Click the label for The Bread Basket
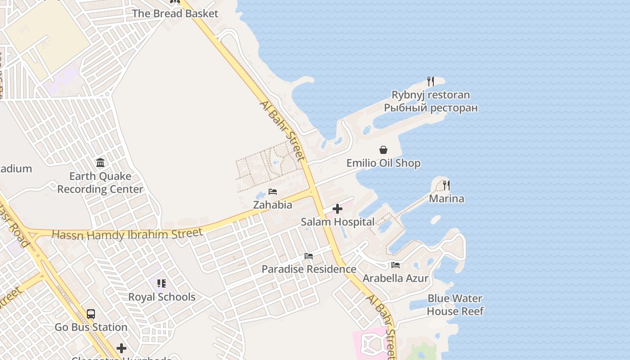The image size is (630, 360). coord(175,13)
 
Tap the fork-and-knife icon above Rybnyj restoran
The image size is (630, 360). coord(431,81)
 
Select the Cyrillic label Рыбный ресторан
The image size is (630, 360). coord(431,108)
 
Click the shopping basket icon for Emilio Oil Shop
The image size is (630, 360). coord(383,150)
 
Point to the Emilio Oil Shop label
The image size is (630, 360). coord(383,163)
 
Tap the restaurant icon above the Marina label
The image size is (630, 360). coord(446,185)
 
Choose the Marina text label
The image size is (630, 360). coord(446,198)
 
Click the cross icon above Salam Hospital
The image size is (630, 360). coord(337,209)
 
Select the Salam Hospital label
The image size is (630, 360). coord(337,222)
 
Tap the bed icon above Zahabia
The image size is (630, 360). coord(272,192)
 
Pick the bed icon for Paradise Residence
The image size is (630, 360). coord(309,256)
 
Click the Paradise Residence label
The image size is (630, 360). coord(309,269)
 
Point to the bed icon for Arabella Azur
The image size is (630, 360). coord(396,265)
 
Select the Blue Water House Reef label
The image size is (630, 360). coord(455,305)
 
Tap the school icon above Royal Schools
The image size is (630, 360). coord(162,283)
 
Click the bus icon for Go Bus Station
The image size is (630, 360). coord(91,314)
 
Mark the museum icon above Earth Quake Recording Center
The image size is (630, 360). coord(100,162)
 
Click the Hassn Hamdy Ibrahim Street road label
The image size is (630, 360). coord(127,234)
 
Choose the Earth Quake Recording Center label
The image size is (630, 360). coord(100,182)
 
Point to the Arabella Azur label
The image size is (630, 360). coord(396,278)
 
